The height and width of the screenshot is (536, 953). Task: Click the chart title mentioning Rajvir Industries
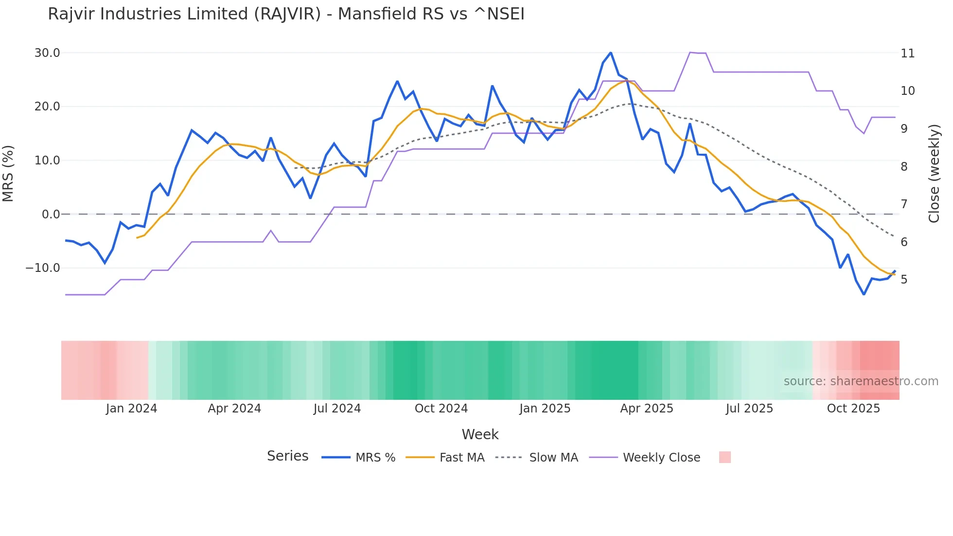[x=286, y=14]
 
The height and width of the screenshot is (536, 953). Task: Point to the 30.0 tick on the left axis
[x=47, y=53]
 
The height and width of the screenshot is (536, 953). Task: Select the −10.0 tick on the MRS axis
[x=43, y=268]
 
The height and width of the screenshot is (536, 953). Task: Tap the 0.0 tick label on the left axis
[x=51, y=214]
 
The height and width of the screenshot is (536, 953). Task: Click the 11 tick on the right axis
[x=907, y=54]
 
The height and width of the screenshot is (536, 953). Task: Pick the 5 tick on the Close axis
[x=904, y=280]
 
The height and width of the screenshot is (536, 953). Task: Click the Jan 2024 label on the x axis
[x=131, y=409]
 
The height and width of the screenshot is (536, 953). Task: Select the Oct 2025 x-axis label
[x=853, y=409]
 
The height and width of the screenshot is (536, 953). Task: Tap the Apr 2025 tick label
[x=646, y=409]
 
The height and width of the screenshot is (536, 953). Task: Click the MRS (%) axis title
[x=8, y=173]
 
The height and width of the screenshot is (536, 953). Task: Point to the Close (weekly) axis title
[x=934, y=174]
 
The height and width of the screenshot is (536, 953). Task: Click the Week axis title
[x=480, y=434]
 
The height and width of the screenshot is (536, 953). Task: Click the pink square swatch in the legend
[x=724, y=457]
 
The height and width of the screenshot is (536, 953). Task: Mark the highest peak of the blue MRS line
[x=611, y=53]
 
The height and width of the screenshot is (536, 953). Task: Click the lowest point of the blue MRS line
[x=864, y=294]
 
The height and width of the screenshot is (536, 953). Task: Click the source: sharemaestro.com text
[x=861, y=381]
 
